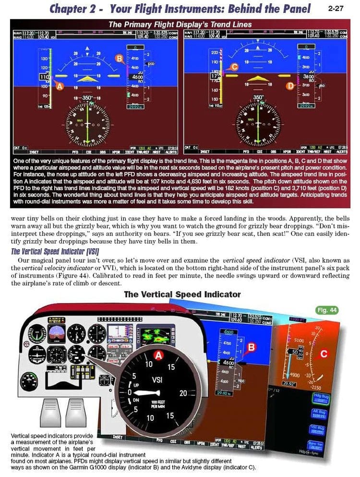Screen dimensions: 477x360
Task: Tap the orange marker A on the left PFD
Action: click(59, 86)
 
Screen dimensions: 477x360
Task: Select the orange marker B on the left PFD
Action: click(119, 59)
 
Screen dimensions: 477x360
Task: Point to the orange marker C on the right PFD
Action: click(235, 67)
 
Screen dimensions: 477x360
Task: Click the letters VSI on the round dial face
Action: click(156, 380)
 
